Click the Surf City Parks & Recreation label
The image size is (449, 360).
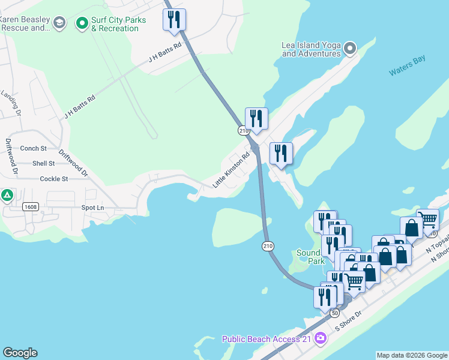coord(118,24)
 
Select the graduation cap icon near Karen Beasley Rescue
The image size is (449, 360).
coord(59,23)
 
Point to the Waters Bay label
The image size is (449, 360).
coord(406,71)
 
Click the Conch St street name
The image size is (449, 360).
coord(34,148)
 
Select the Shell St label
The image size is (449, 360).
coord(43,163)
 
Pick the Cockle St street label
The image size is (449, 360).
coord(53,179)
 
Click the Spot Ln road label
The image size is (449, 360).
coord(92,208)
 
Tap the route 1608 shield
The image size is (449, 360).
coord(31,206)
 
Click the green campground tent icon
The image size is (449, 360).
coord(7,195)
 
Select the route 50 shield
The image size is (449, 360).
coord(335,313)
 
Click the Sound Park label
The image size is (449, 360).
coord(309,257)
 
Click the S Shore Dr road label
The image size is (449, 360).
coord(349,322)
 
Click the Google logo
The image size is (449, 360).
coord(20,353)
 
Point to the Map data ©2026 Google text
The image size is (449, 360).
coord(412,355)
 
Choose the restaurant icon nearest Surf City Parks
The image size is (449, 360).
coord(175,20)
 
